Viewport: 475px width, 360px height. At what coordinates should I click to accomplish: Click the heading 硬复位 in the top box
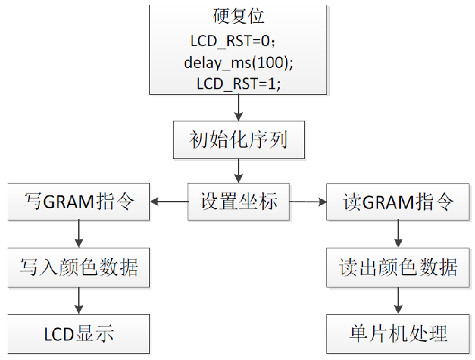[239, 16]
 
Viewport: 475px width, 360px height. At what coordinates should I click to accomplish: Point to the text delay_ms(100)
[239, 62]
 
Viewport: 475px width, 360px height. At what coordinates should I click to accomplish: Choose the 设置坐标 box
[239, 202]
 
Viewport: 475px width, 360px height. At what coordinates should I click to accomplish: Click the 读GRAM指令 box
[398, 202]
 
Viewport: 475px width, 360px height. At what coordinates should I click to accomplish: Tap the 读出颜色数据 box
[398, 267]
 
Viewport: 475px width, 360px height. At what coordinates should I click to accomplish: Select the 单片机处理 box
[398, 333]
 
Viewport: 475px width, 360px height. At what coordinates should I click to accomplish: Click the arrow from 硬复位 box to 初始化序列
[239, 108]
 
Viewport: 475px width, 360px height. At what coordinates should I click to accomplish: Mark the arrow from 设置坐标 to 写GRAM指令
[169, 202]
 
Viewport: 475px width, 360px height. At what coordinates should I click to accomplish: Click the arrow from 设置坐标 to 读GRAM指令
[308, 202]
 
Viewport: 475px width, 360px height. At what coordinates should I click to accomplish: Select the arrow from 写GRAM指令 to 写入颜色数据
[78, 234]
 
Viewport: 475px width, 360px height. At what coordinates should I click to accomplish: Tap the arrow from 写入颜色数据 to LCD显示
[78, 300]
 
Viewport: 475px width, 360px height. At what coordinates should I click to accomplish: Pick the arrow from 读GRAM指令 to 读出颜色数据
[398, 234]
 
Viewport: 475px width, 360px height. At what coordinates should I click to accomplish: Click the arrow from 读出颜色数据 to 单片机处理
[398, 300]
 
